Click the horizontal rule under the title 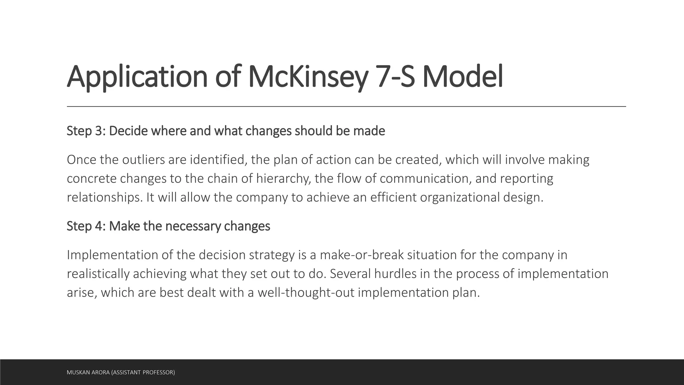point(346,106)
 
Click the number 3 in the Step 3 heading point(99,131)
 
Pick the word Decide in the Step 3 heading point(128,131)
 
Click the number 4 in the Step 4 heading point(99,226)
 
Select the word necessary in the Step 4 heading point(193,226)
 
